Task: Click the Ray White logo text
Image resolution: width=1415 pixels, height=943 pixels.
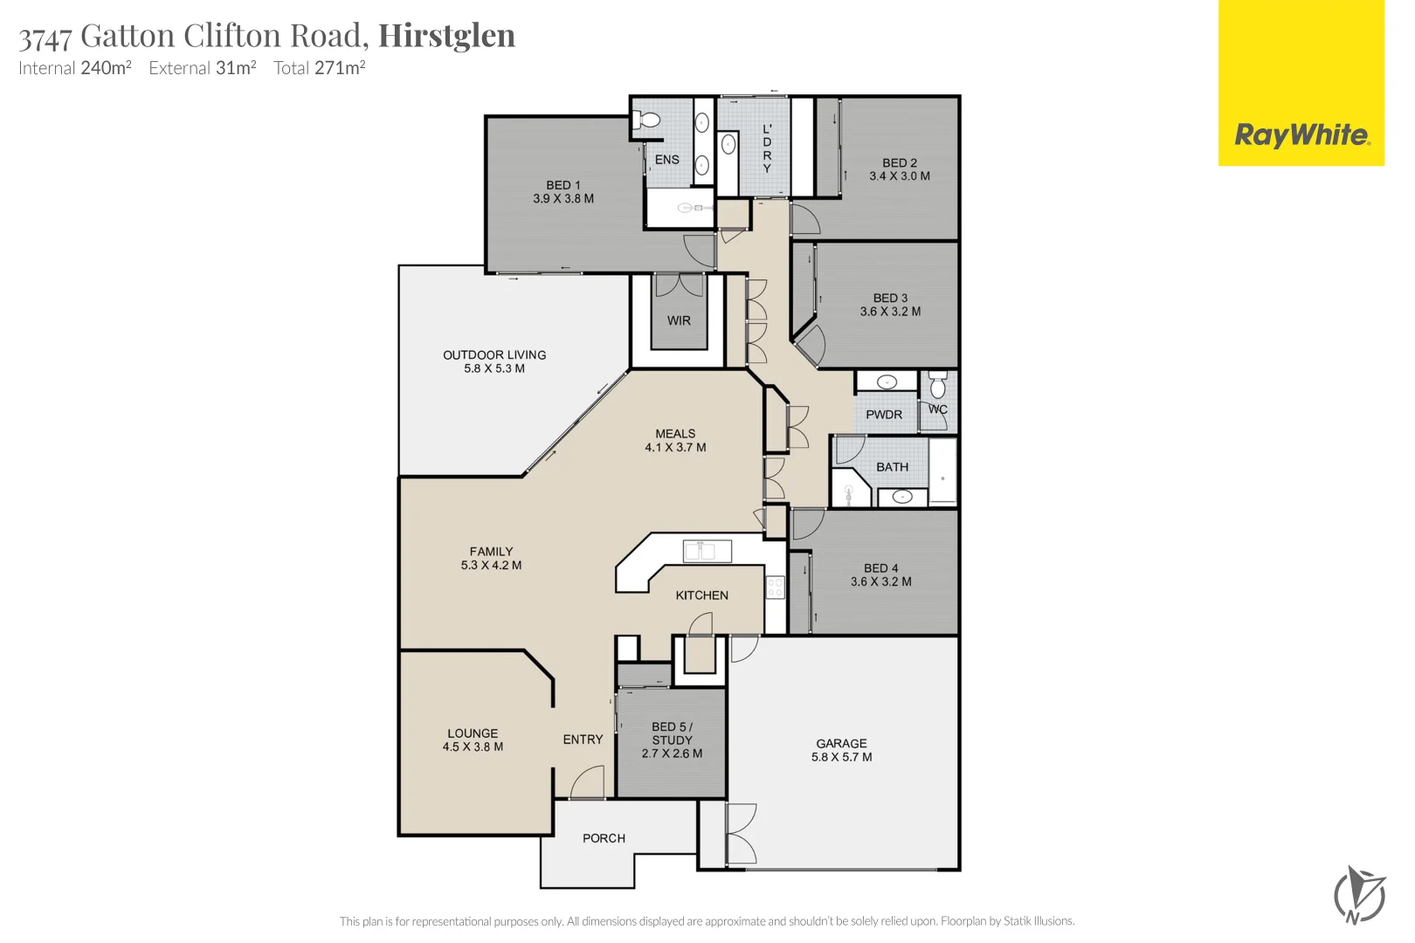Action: pyautogui.click(x=1301, y=135)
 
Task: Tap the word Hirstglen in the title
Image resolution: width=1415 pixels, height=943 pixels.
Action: pyautogui.click(x=446, y=36)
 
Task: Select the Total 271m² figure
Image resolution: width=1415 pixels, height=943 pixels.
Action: pyautogui.click(x=319, y=68)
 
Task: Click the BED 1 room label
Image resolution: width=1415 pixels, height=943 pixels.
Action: pyautogui.click(x=563, y=185)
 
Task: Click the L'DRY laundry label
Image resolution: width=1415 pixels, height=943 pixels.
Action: pyautogui.click(x=767, y=148)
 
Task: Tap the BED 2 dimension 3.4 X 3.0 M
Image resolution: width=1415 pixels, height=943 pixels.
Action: pyautogui.click(x=899, y=176)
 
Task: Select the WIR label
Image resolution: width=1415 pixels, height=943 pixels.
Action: pyautogui.click(x=679, y=320)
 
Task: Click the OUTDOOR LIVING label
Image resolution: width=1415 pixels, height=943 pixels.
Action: pyautogui.click(x=494, y=354)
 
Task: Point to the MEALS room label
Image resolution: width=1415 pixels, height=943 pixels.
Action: pyautogui.click(x=675, y=433)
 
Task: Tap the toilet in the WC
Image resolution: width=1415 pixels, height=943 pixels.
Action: pyautogui.click(x=938, y=386)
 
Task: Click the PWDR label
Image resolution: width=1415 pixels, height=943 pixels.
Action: pyautogui.click(x=884, y=415)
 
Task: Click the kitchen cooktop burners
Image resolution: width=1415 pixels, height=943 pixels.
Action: pyautogui.click(x=775, y=588)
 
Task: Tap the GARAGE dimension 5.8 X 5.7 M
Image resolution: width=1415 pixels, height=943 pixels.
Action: pyautogui.click(x=841, y=757)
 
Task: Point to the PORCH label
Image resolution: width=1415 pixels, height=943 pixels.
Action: pyautogui.click(x=604, y=838)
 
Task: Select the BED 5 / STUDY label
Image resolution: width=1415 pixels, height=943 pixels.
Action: pyautogui.click(x=672, y=733)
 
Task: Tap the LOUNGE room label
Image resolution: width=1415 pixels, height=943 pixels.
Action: pyautogui.click(x=473, y=733)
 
